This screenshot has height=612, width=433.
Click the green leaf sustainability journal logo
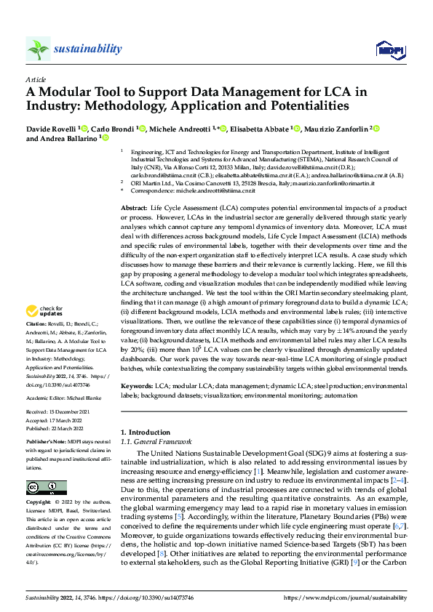click(x=38, y=49)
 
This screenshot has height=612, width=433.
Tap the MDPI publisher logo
click(x=389, y=49)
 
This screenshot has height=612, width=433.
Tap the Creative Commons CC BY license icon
click(x=43, y=488)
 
